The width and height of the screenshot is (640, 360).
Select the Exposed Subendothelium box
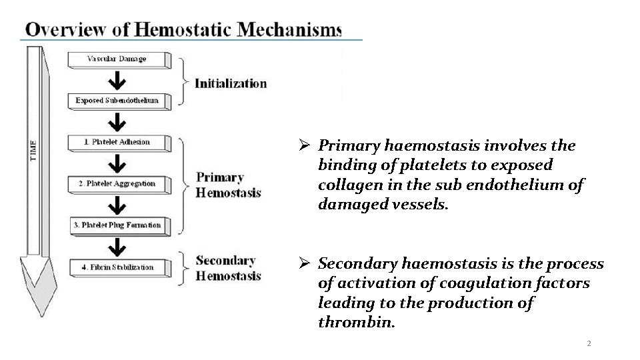click(117, 101)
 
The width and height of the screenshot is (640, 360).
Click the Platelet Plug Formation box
click(117, 225)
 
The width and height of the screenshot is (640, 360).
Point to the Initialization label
click(231, 83)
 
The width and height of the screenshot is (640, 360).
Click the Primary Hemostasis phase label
click(228, 185)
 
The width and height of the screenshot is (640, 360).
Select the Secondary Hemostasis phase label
click(228, 267)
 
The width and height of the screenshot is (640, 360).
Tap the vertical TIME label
click(33, 150)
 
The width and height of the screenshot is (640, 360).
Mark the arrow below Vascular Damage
click(117, 81)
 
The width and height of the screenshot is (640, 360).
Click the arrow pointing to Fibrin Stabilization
click(117, 247)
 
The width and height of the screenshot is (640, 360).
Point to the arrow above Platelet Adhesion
click(117, 122)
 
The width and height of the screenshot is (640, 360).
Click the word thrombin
click(357, 323)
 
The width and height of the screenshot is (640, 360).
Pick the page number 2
click(589, 343)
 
